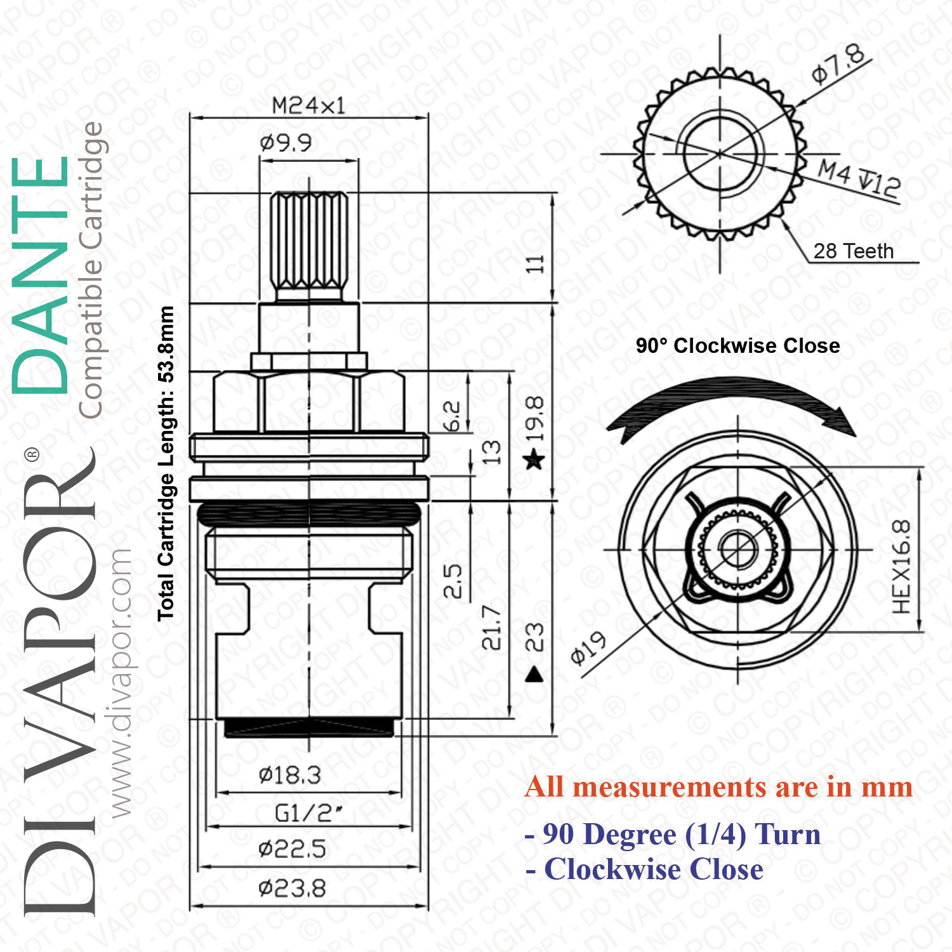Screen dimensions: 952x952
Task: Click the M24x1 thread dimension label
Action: pos(308,105)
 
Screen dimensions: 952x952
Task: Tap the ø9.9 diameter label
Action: pos(286,143)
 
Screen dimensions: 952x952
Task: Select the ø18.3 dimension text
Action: pos(289,775)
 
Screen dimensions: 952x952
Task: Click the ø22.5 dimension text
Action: pos(292,849)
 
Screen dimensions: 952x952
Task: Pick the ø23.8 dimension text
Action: pos(292,888)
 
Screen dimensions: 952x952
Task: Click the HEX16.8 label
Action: pos(901,567)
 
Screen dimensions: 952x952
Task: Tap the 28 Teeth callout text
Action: pos(854,251)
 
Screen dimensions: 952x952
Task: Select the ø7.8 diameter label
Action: pos(839,64)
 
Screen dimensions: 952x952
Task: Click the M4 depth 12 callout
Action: pos(859,179)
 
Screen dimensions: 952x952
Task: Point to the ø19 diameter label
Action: pos(588,649)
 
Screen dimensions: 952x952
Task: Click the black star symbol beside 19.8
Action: pos(534,459)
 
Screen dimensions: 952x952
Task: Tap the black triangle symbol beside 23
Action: pos(535,674)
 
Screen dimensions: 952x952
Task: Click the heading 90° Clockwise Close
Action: pos(738,346)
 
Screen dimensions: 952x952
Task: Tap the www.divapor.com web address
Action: pos(121,683)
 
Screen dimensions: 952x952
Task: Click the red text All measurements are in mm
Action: pos(719,787)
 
